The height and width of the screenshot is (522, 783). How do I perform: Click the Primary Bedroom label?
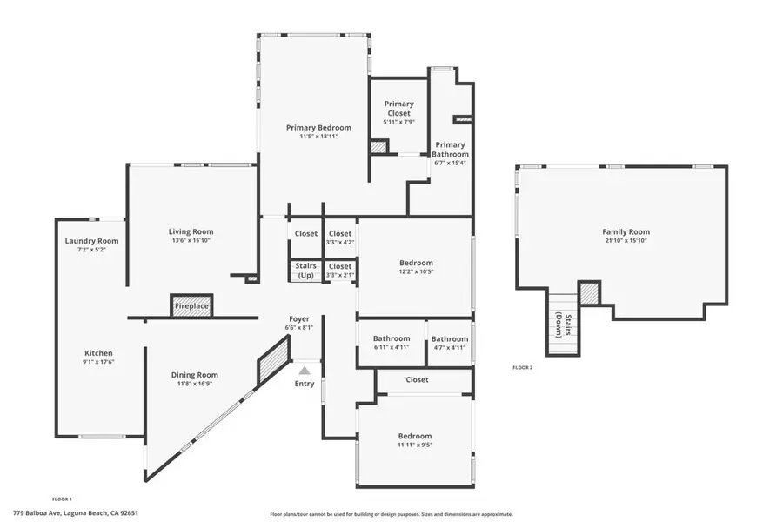coord(318,128)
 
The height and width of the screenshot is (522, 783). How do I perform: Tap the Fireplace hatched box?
coord(191,305)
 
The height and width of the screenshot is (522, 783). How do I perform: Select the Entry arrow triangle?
coord(304,370)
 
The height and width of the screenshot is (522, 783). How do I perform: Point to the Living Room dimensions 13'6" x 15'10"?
coord(191,240)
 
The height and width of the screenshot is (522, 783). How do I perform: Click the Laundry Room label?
coord(92,241)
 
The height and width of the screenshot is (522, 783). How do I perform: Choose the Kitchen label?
coord(98,353)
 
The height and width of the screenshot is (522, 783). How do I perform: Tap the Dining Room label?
coord(194,375)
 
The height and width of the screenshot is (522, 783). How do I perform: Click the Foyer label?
coord(299,319)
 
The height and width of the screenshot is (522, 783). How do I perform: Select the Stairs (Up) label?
coord(305,271)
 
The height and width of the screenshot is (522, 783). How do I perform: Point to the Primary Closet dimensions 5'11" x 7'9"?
coord(399,122)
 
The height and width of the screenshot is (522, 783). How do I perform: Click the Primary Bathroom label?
coord(450,150)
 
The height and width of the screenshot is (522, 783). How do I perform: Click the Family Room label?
coord(626,231)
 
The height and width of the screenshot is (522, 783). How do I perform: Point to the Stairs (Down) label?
coord(563,325)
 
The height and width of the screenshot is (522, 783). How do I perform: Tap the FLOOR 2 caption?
coord(522,368)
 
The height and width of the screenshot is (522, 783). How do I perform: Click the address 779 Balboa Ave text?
coord(37,512)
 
